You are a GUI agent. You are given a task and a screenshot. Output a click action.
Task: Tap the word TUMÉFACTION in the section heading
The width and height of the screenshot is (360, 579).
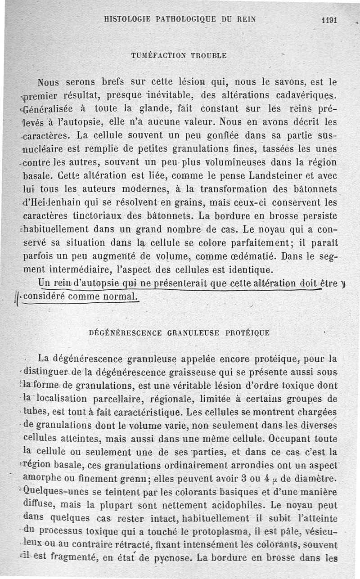tap(155, 55)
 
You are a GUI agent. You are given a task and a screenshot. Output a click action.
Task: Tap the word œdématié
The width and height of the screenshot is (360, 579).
tap(241, 258)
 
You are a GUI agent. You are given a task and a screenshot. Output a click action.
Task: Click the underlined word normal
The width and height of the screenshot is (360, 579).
tap(119, 297)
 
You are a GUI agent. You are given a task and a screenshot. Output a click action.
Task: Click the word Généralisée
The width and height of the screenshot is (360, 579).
tap(48, 108)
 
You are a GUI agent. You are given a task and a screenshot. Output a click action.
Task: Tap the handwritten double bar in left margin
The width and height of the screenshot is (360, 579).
tap(16, 297)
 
